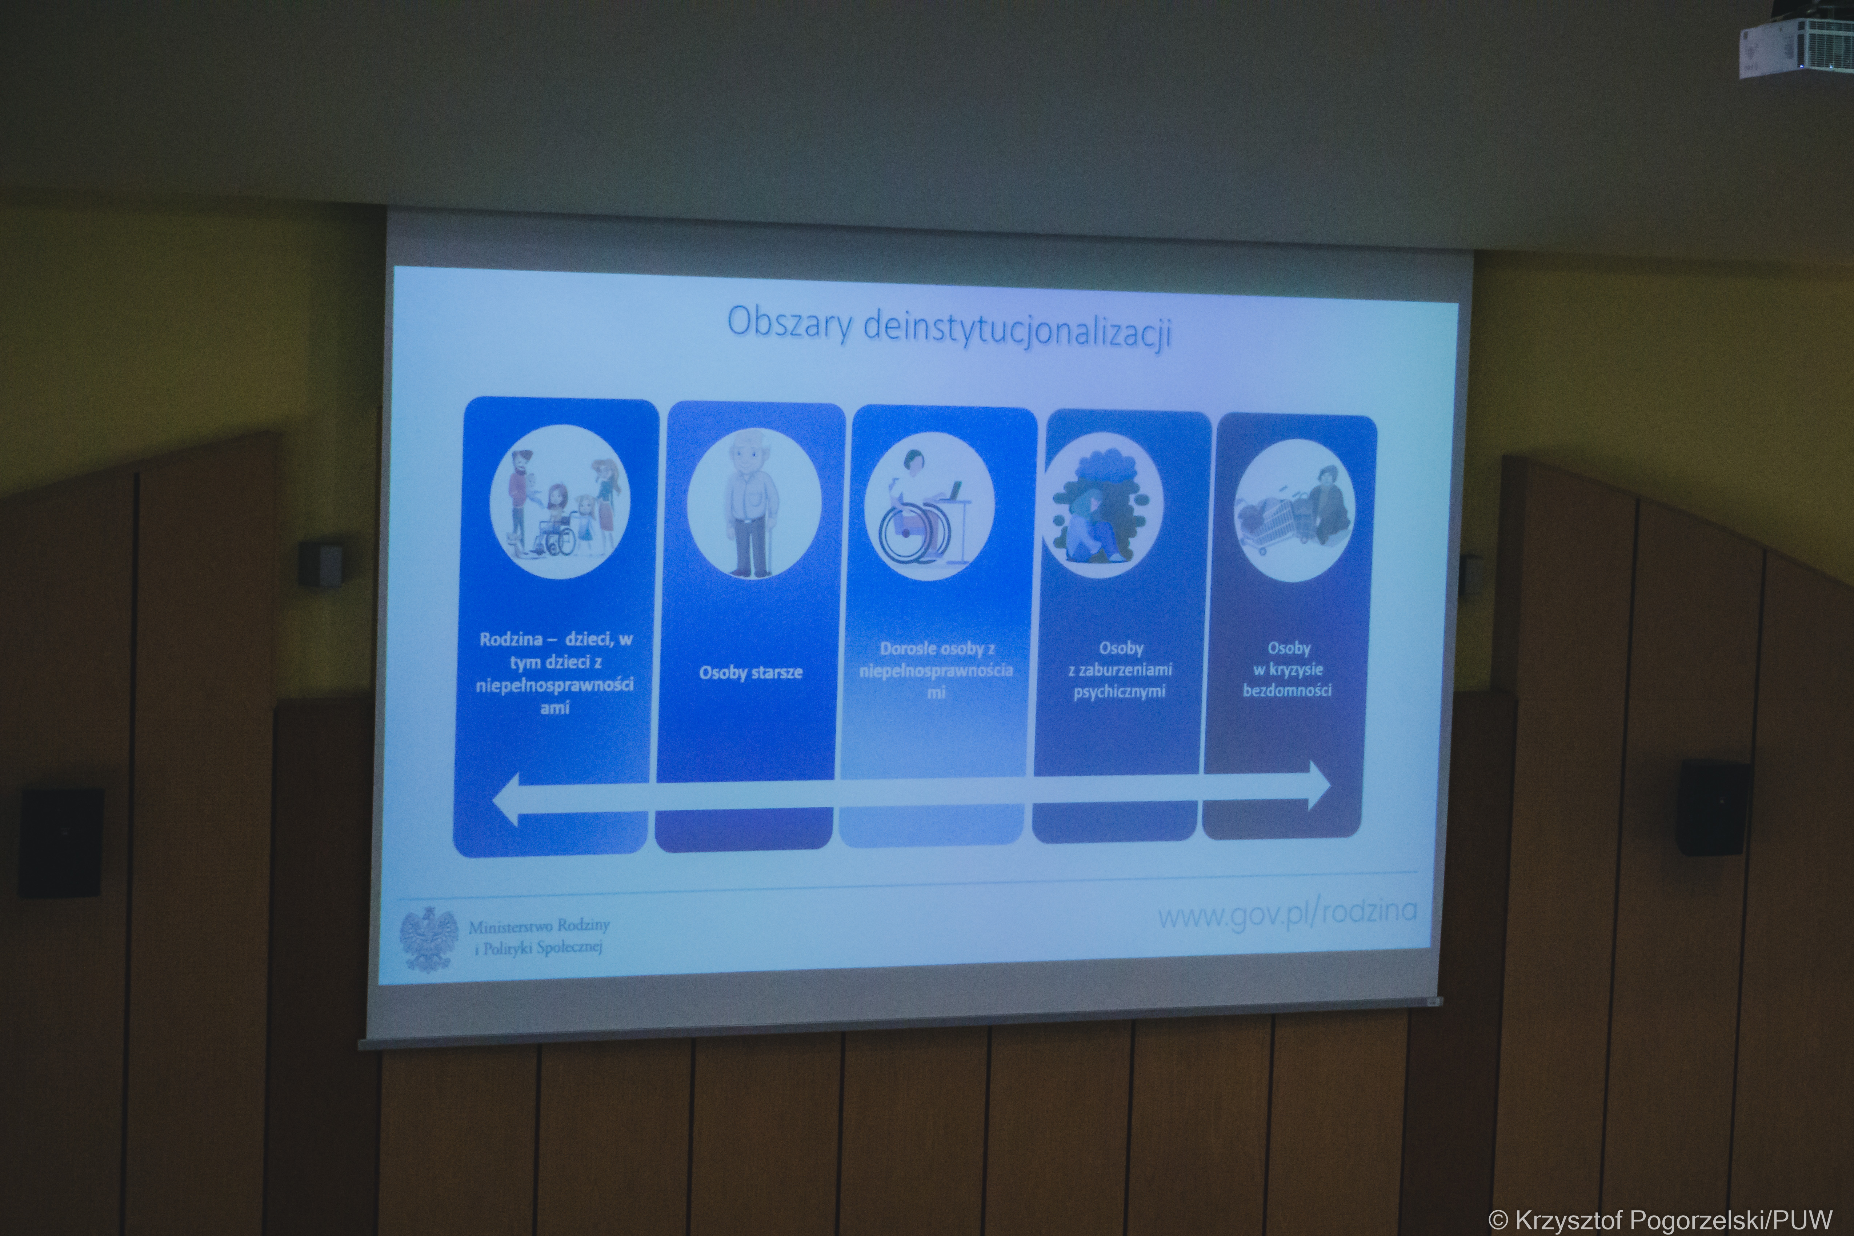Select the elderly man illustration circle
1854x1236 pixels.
tap(754, 503)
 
